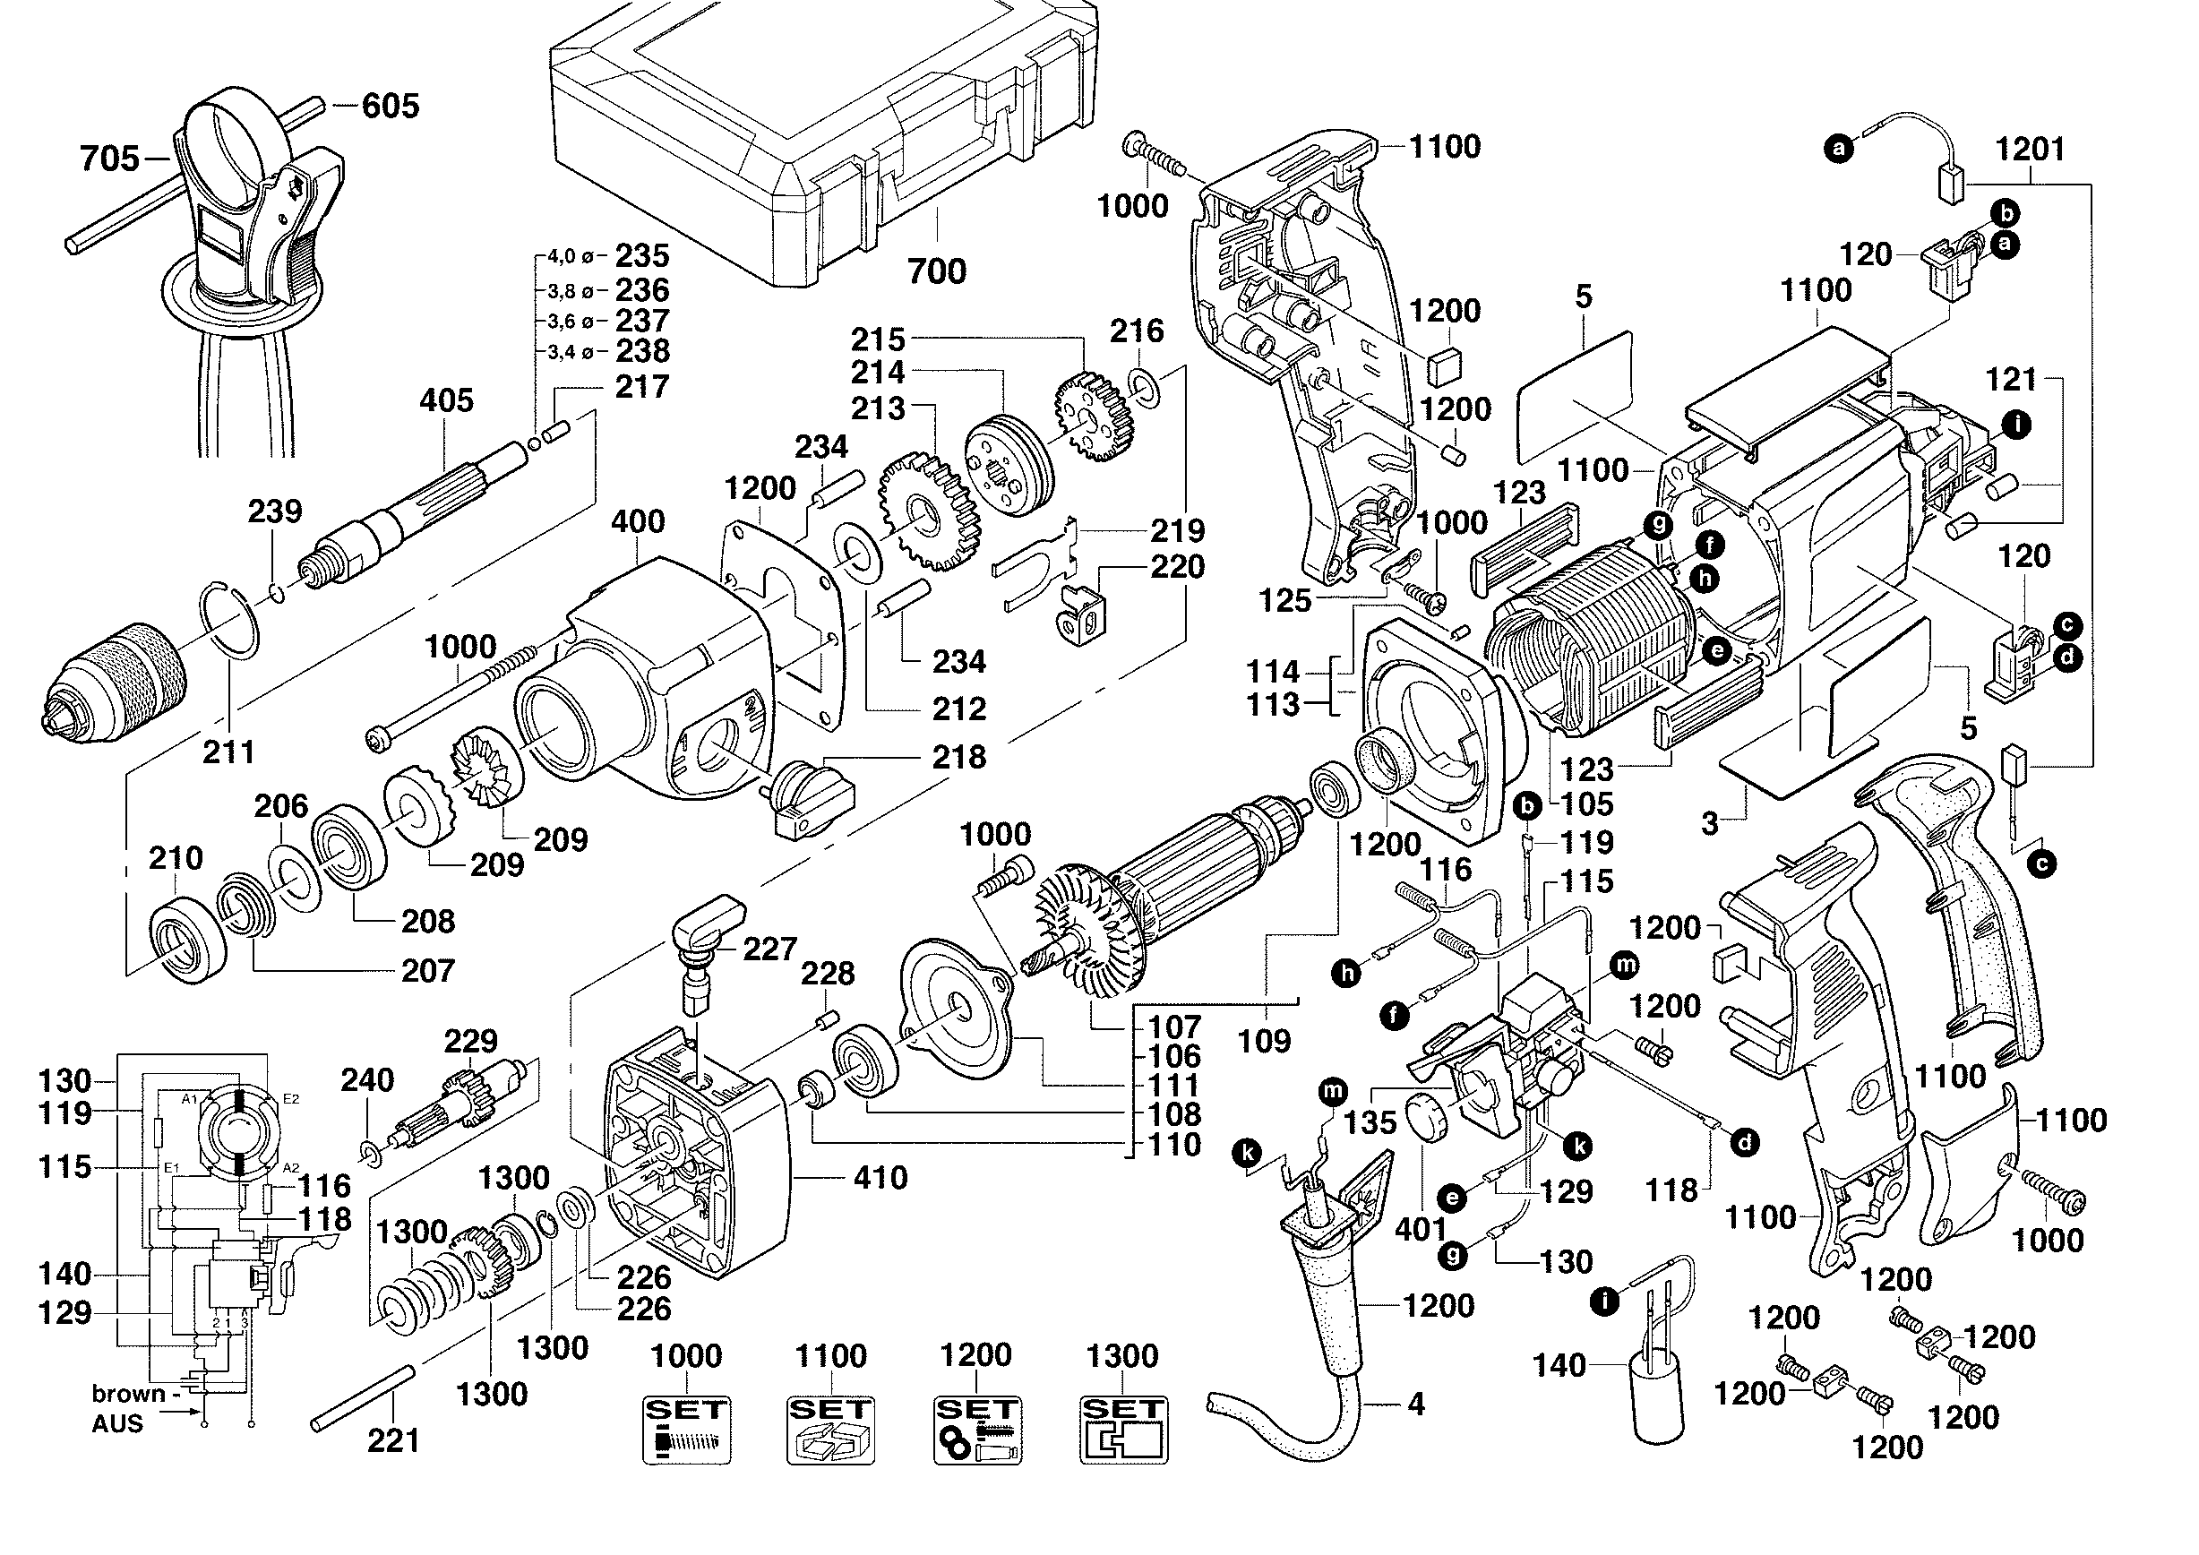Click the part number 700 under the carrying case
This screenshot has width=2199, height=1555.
click(x=937, y=272)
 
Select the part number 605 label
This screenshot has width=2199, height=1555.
click(x=391, y=106)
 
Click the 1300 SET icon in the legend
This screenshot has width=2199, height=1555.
click(x=1123, y=1430)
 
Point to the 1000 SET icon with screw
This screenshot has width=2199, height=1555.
click(x=686, y=1430)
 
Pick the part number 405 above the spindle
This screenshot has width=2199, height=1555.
click(x=446, y=400)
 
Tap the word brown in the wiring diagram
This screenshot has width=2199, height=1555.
click(x=128, y=1393)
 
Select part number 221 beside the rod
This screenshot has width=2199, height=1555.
click(x=393, y=1440)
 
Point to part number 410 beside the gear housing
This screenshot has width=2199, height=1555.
click(x=880, y=1178)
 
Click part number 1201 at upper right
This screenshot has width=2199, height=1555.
click(x=2030, y=150)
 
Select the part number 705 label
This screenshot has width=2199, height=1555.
click(x=109, y=159)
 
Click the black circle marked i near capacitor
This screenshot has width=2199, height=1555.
click(x=1604, y=1301)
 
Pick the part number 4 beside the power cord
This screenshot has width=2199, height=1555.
click(x=1415, y=1405)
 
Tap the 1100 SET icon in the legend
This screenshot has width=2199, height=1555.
click(x=830, y=1430)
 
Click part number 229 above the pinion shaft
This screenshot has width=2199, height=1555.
click(x=471, y=1041)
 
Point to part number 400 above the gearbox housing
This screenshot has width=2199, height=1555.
click(x=638, y=522)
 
